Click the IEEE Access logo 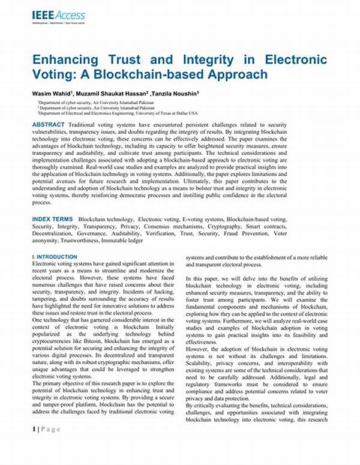(58, 15)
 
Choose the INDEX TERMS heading (53, 220)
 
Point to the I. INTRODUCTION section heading (55, 257)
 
